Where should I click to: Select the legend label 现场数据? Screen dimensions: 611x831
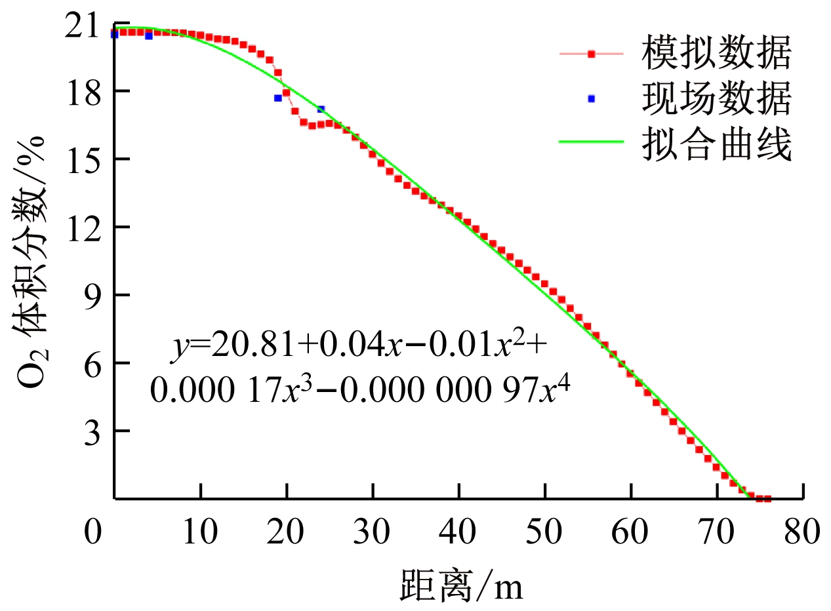716,99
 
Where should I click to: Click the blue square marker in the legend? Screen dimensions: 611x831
591,98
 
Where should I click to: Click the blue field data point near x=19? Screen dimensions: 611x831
277,98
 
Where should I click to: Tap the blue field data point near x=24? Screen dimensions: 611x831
321,109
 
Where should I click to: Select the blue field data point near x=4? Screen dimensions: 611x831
148,36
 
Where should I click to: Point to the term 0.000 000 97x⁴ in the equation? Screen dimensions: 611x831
486,391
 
